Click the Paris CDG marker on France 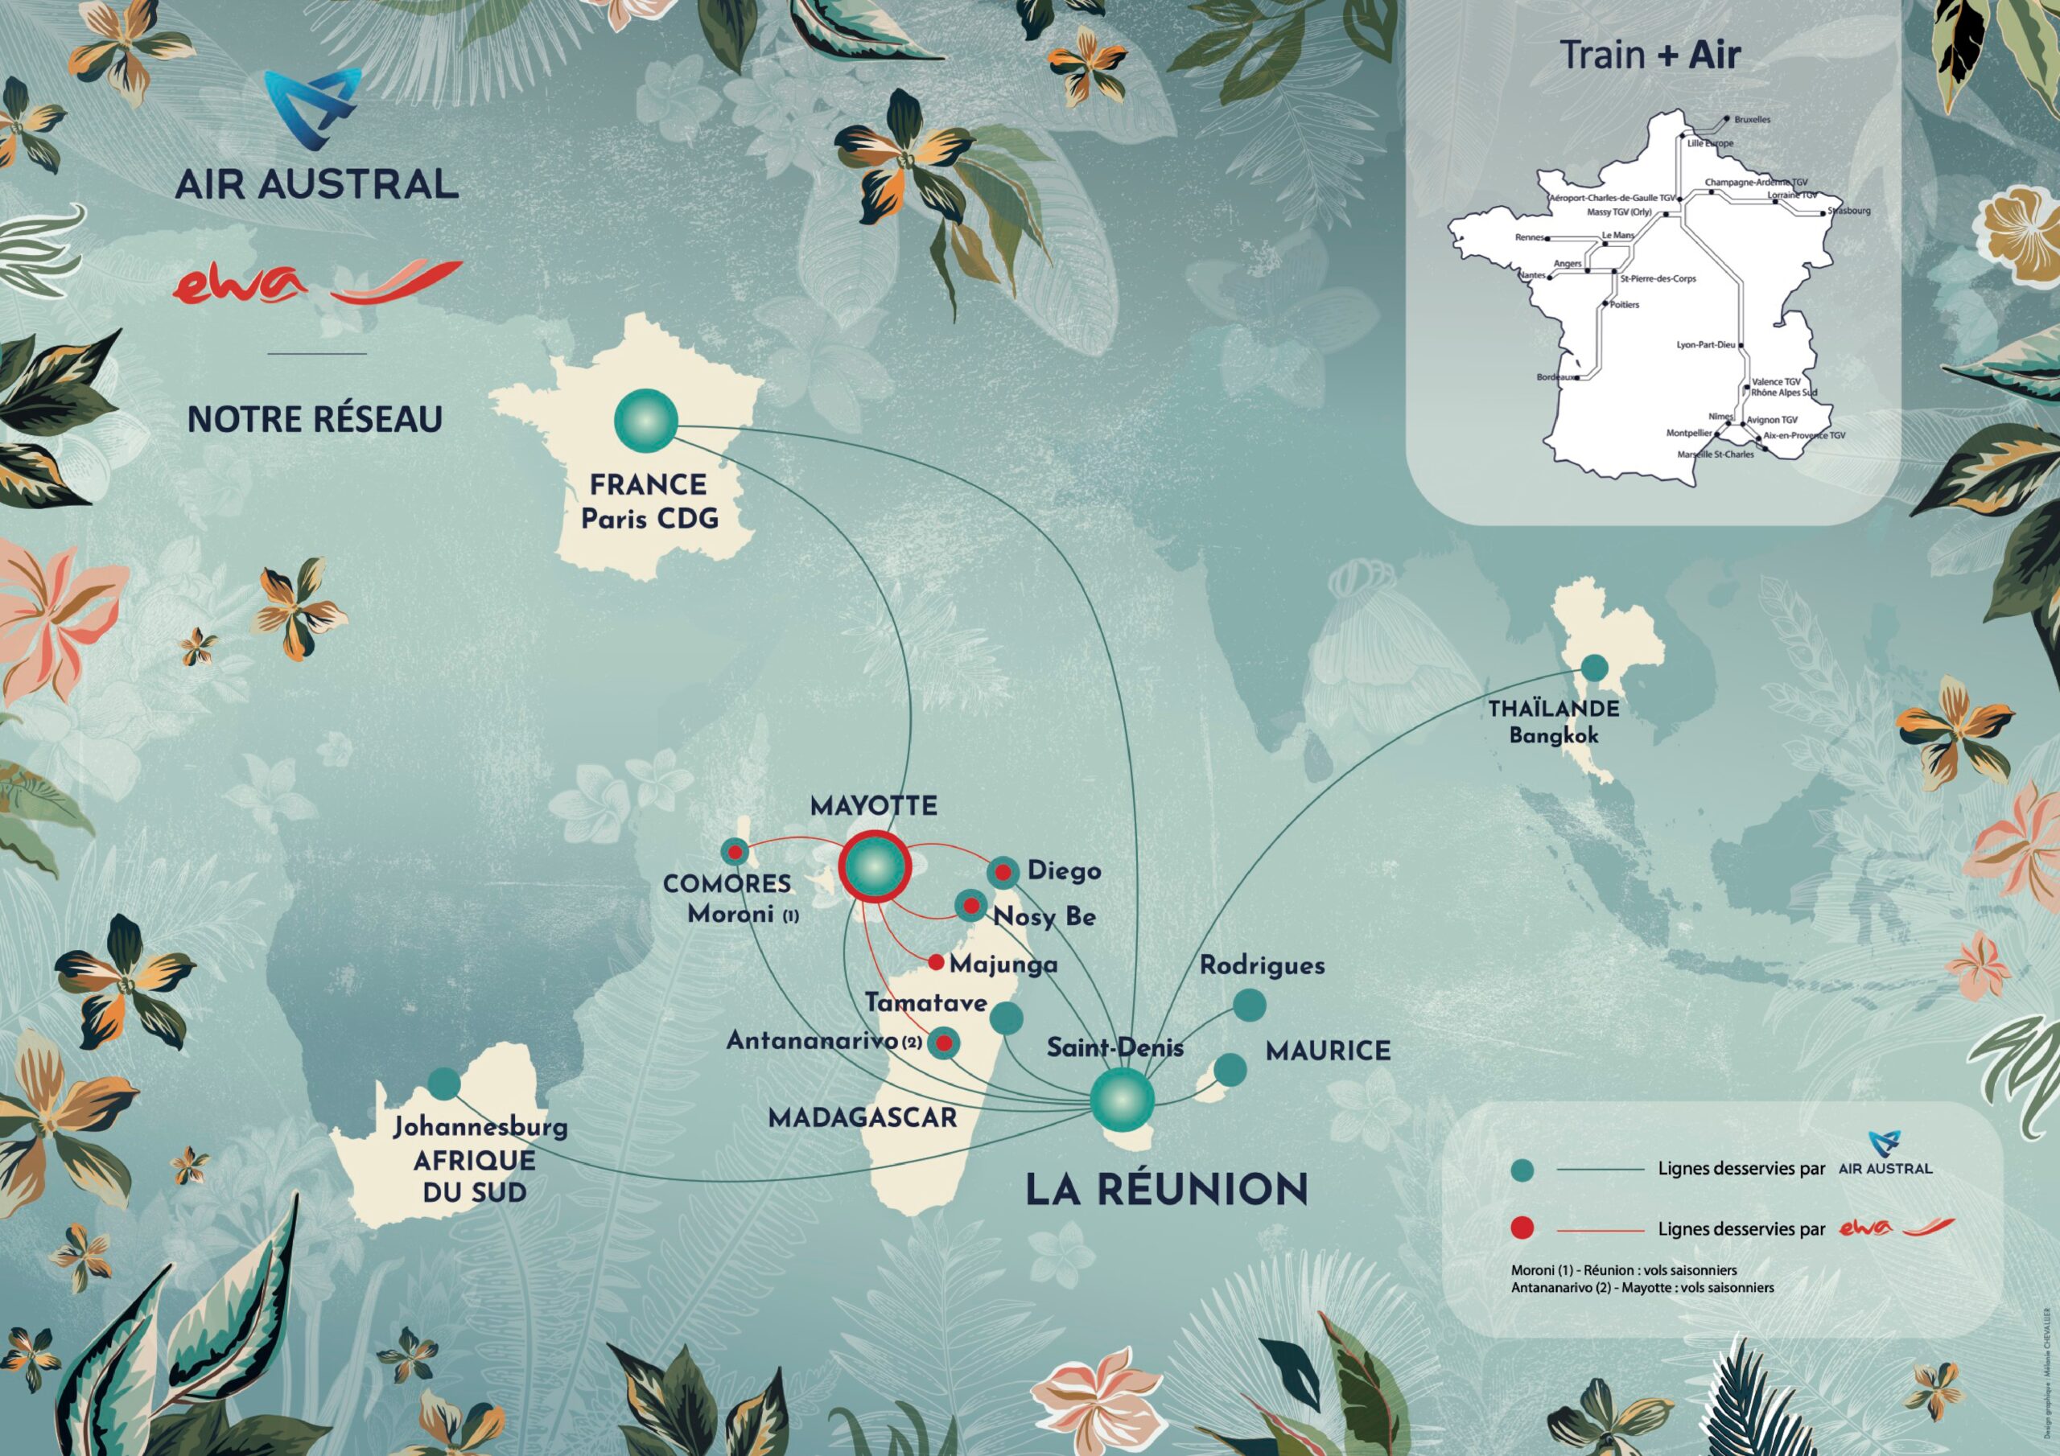pyautogui.click(x=646, y=420)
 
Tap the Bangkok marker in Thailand pyautogui.click(x=1593, y=668)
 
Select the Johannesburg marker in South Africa pyautogui.click(x=444, y=1084)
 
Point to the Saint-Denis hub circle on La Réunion pyautogui.click(x=1122, y=1098)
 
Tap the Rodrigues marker pyautogui.click(x=1249, y=1006)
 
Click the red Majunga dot pyautogui.click(x=936, y=963)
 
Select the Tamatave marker pyautogui.click(x=1007, y=1018)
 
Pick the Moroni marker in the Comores pyautogui.click(x=735, y=851)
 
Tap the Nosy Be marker pyautogui.click(x=970, y=905)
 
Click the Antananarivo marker pyautogui.click(x=944, y=1043)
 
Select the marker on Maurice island pyautogui.click(x=1230, y=1069)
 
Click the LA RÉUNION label pyautogui.click(x=1166, y=1190)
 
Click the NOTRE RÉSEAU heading pyautogui.click(x=315, y=419)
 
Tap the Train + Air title pyautogui.click(x=1650, y=56)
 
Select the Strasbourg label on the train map pyautogui.click(x=1849, y=212)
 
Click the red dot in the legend pyautogui.click(x=1522, y=1228)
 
